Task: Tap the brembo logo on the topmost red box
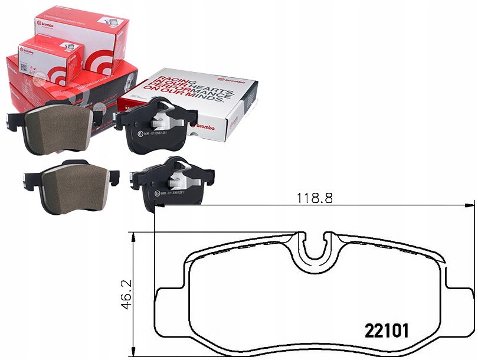46,24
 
